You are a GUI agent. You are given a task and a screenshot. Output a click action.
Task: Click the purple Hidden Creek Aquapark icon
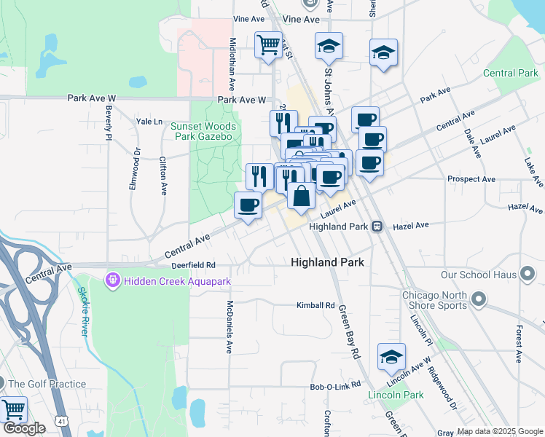[x=111, y=280]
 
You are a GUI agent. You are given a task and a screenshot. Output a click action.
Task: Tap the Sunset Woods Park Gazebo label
[x=201, y=131]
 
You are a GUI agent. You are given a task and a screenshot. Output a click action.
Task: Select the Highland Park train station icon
[x=377, y=227]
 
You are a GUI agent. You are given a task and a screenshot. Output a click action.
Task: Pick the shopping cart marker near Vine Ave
[x=268, y=45]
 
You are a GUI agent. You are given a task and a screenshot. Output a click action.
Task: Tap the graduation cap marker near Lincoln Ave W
[x=391, y=358]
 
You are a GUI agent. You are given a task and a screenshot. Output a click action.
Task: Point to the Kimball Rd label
[x=315, y=305]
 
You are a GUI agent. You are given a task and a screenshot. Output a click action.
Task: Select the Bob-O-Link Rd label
[x=335, y=385]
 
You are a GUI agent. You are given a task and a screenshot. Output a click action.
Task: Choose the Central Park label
[x=510, y=73]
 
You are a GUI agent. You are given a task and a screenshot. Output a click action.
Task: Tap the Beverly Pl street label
[x=108, y=122]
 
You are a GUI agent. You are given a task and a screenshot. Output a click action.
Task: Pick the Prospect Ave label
[x=471, y=178]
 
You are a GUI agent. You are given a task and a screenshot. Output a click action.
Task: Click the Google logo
[x=25, y=429]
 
